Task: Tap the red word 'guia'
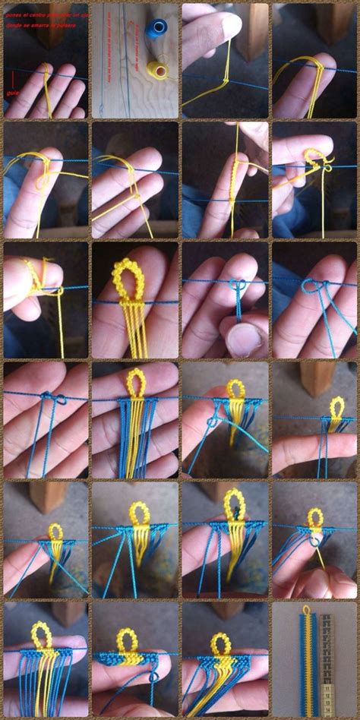13,94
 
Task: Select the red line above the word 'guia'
13,78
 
